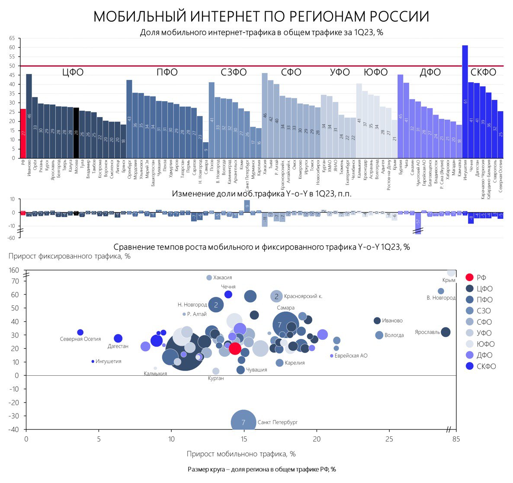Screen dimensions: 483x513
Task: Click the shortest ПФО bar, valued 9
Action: pyautogui.click(x=205, y=150)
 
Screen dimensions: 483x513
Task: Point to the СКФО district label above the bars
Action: pyautogui.click(x=483, y=72)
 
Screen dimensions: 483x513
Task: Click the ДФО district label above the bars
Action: pyautogui.click(x=430, y=72)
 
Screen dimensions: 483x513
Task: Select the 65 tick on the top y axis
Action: pyautogui.click(x=12, y=38)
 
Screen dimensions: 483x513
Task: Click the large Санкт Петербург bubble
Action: pyautogui.click(x=244, y=422)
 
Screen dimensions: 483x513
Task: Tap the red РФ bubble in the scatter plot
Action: pyautogui.click(x=235, y=349)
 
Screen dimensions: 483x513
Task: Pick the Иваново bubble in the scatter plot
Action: pyautogui.click(x=377, y=320)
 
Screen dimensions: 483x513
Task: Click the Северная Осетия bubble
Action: pyautogui.click(x=80, y=333)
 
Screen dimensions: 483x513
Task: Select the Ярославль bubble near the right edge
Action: pyautogui.click(x=446, y=332)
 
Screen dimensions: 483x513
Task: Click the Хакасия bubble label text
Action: pyautogui.click(x=223, y=278)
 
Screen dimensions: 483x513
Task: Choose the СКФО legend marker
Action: pyautogui.click(x=469, y=366)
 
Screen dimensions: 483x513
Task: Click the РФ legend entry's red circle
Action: pyautogui.click(x=469, y=278)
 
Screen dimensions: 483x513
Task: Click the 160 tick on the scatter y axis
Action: pyautogui.click(x=14, y=270)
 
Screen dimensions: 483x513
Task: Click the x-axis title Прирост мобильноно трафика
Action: pyautogui.click(x=241, y=454)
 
